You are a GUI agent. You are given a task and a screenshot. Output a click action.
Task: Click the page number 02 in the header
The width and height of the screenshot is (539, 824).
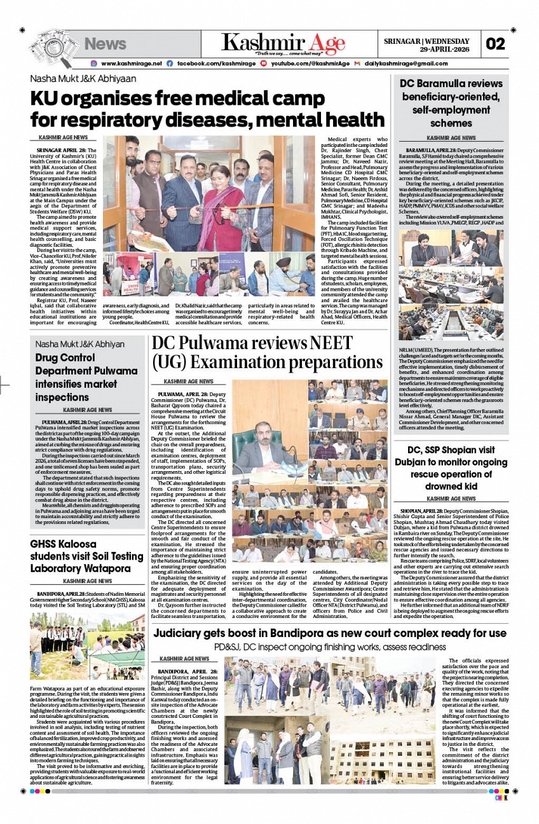coord(496,44)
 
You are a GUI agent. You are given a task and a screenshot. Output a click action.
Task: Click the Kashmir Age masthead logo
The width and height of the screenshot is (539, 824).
coord(283,43)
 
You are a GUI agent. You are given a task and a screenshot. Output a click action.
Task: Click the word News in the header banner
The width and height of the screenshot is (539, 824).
coord(106,44)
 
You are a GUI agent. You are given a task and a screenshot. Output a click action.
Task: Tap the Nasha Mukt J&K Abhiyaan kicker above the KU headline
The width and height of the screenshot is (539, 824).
coord(83,79)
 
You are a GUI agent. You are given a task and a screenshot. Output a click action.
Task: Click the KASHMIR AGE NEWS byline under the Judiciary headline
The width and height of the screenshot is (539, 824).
coord(184,659)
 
